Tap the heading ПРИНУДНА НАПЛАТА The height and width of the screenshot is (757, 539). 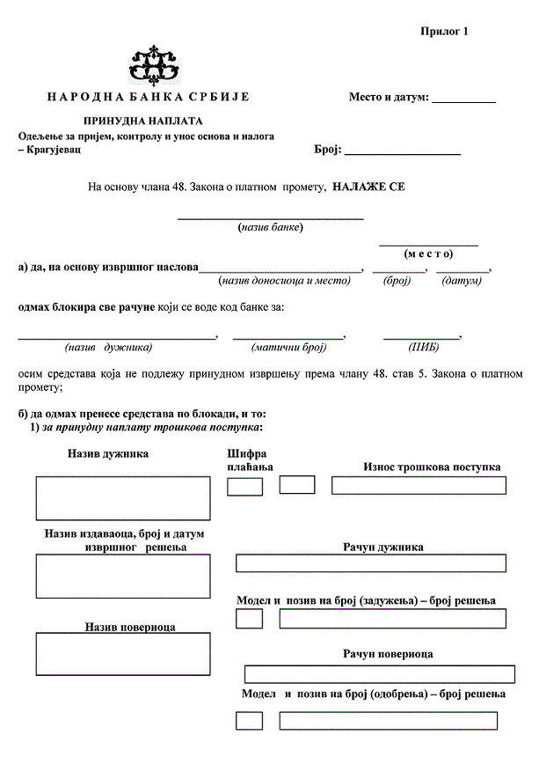coord(143,120)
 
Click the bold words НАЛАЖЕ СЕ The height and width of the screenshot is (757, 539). coord(369,187)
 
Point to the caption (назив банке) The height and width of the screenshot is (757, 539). coord(271,227)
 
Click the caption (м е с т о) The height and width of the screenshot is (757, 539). coord(428,254)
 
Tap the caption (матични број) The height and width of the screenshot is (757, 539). coord(288,348)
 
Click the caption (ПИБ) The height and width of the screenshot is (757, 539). coord(423,348)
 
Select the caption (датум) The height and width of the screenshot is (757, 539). coord(462,281)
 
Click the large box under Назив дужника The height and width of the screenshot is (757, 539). coord(123,498)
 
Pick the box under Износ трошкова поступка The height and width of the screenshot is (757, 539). coord(418,485)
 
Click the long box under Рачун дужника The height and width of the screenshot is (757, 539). coord(370,563)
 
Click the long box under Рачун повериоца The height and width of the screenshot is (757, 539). coord(379,674)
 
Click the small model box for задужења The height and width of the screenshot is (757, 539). coord(250,619)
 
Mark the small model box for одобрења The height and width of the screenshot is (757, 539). coord(250,721)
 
